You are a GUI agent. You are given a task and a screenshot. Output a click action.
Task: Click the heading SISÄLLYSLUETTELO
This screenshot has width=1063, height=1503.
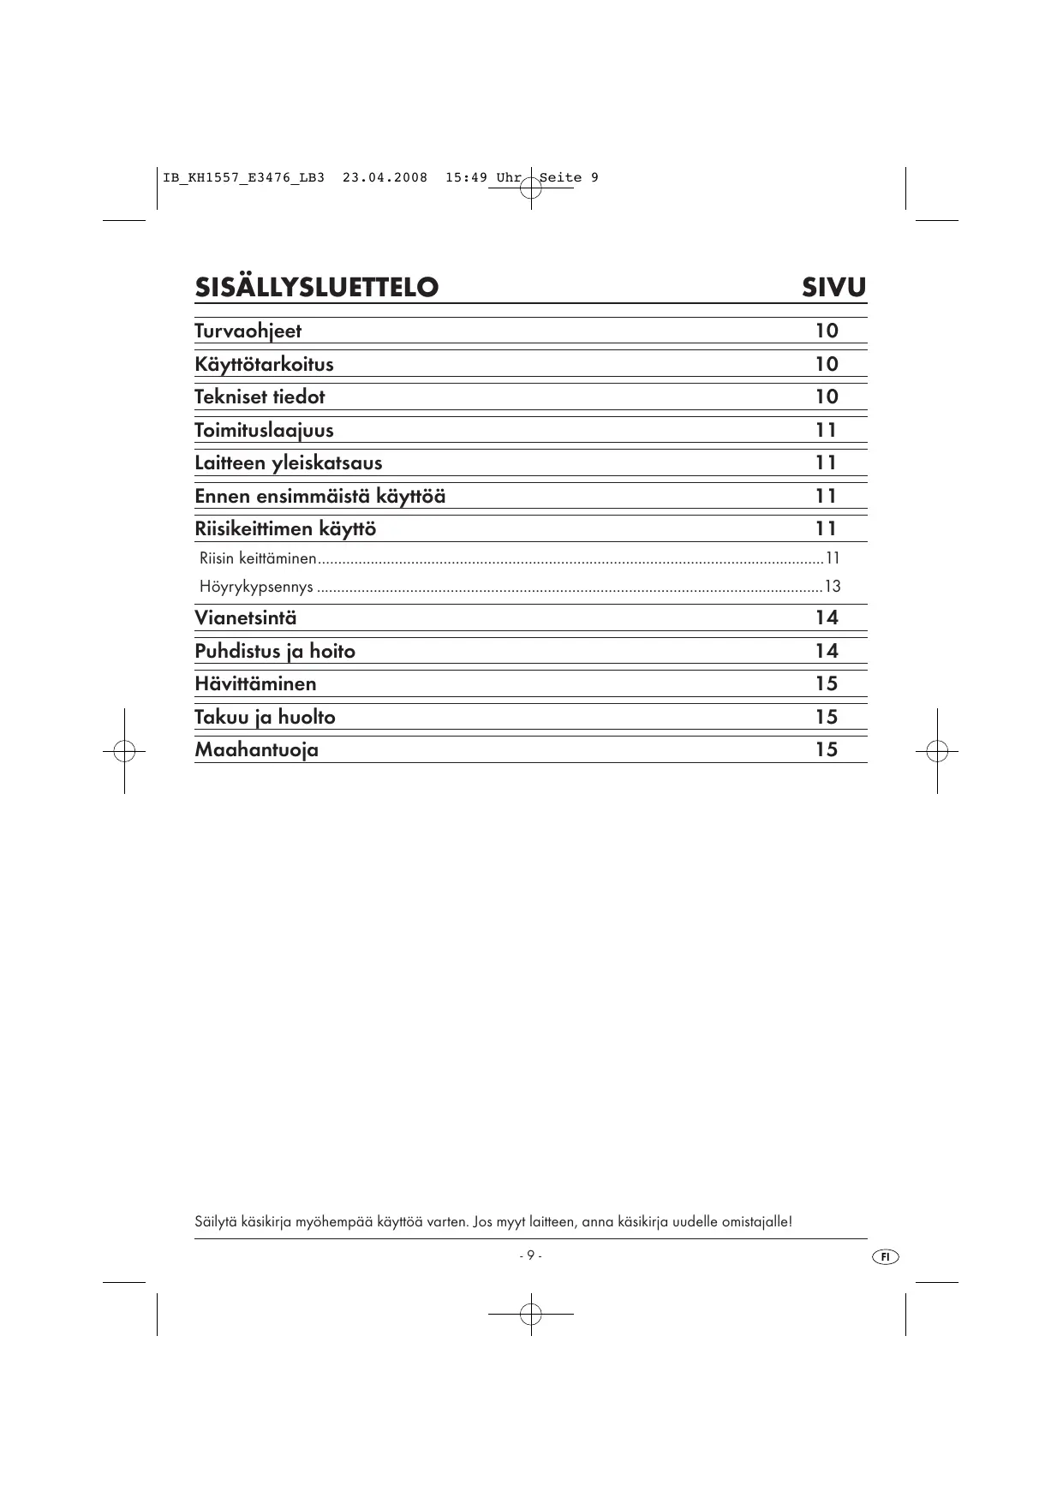pyautogui.click(x=316, y=288)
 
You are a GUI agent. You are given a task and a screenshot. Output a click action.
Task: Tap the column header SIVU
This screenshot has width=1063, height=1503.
pyautogui.click(x=833, y=288)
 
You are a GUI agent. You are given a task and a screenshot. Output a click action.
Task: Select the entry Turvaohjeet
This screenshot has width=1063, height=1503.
pyautogui.click(x=248, y=331)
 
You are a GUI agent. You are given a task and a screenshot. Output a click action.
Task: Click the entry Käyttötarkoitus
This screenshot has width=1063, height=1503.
pyautogui.click(x=264, y=365)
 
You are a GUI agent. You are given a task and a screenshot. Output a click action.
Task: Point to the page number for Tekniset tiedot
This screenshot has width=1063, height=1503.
pyautogui.click(x=826, y=397)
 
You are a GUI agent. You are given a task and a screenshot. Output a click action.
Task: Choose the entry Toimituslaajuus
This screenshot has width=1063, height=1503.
pyautogui.click(x=264, y=431)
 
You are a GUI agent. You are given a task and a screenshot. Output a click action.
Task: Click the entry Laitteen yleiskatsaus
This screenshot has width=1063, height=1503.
pyautogui.click(x=288, y=463)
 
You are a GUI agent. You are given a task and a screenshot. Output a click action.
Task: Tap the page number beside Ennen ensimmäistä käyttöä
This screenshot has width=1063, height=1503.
pyautogui.click(x=826, y=497)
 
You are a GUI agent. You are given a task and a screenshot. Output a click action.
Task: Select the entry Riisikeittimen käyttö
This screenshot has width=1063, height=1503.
pyautogui.click(x=285, y=529)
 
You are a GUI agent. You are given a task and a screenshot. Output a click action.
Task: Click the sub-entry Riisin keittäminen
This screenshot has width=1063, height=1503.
pyautogui.click(x=258, y=559)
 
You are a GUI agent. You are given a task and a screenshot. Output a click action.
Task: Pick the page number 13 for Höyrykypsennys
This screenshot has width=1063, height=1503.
pyautogui.click(x=832, y=587)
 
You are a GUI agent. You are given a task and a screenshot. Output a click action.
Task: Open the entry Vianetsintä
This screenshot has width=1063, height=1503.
pyautogui.click(x=246, y=618)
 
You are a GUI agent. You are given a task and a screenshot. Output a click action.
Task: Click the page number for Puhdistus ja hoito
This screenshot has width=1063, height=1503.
pyautogui.click(x=826, y=652)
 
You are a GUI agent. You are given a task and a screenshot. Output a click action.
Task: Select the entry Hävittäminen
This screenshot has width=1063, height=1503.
pyautogui.click(x=255, y=684)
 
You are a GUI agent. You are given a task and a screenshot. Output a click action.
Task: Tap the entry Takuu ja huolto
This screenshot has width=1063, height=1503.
pyautogui.click(x=265, y=718)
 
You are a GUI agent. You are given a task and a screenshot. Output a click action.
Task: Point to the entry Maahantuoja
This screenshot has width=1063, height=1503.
pyautogui.click(x=256, y=750)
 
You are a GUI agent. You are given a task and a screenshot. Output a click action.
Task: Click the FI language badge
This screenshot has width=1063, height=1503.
pyautogui.click(x=886, y=1256)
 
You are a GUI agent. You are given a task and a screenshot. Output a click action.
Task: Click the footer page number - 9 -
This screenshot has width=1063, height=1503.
pyautogui.click(x=530, y=1255)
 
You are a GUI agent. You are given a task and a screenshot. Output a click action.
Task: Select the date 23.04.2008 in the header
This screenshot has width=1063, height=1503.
pyautogui.click(x=385, y=178)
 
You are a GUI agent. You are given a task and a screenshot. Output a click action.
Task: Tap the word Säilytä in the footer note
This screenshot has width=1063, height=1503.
pyautogui.click(x=215, y=1221)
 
